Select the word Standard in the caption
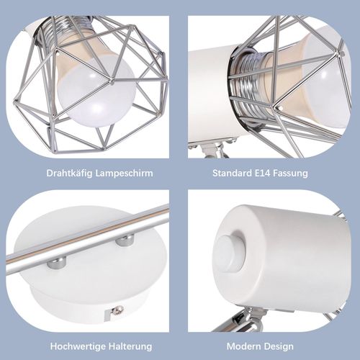point(232,174)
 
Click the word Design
point(284,346)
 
